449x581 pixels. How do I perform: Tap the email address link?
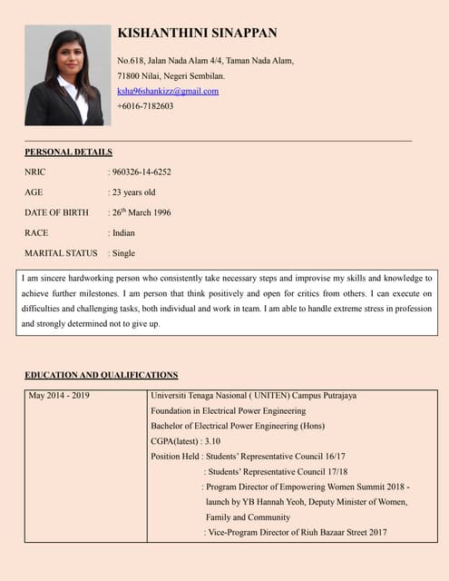point(168,91)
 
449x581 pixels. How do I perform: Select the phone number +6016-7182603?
point(145,106)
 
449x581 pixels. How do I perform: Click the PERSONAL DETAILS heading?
point(68,153)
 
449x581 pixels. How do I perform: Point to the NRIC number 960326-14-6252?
point(142,172)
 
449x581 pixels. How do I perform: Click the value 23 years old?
point(133,192)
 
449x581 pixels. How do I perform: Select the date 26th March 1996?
point(141,212)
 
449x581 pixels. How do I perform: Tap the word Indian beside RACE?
point(122,233)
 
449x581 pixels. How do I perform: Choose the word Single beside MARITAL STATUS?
point(123,253)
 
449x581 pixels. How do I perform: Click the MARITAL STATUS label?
point(60,253)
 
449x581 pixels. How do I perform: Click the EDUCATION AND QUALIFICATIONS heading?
point(101,375)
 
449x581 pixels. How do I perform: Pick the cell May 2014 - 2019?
point(60,396)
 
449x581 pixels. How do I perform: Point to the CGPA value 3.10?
point(213,441)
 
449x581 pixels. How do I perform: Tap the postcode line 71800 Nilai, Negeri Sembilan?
point(171,75)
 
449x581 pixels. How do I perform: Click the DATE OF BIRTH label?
point(56,212)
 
